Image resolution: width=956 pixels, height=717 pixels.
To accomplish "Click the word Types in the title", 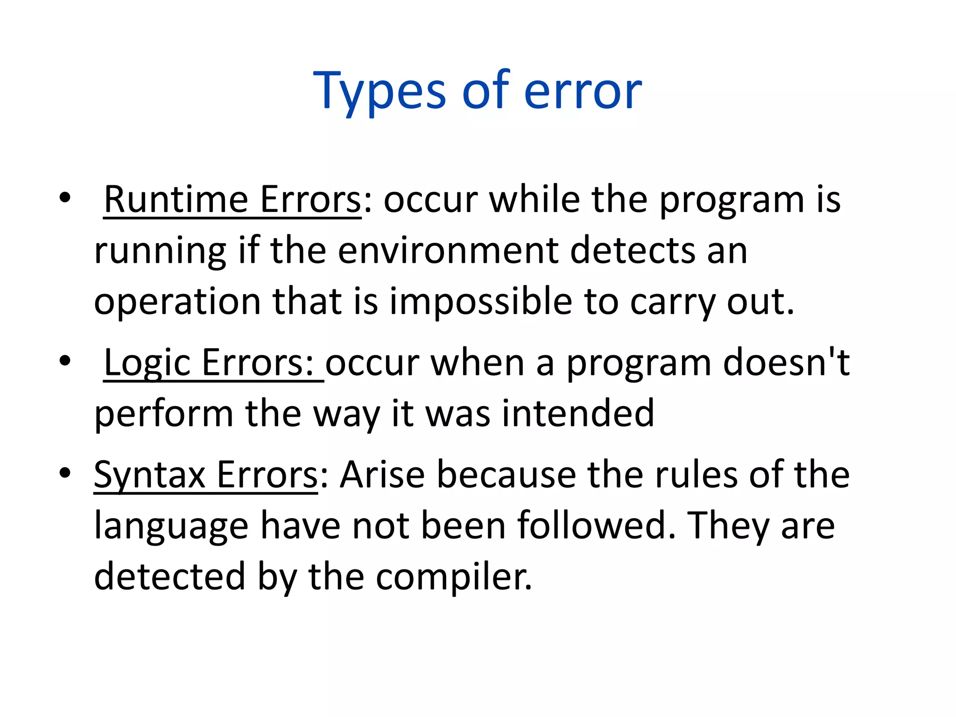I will click(x=379, y=91).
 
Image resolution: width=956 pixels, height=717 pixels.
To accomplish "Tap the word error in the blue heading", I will click(x=583, y=91).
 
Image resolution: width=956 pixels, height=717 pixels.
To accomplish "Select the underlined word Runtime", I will click(x=176, y=200).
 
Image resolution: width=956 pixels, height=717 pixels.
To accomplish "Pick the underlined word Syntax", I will click(x=149, y=475).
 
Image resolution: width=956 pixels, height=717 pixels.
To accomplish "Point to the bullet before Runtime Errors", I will click(x=65, y=197).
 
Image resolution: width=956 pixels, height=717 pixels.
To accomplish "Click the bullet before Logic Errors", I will click(x=65, y=361).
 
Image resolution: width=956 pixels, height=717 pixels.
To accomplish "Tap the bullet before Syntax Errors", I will click(x=65, y=473).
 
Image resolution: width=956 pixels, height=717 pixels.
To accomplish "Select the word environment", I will click(x=448, y=251).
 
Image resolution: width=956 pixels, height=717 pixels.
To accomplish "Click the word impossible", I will click(x=480, y=302).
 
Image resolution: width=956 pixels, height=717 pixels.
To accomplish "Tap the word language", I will click(x=171, y=527).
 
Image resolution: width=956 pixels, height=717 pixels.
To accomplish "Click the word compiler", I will click(x=454, y=577).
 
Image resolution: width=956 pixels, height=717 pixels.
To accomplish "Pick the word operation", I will click(x=177, y=302).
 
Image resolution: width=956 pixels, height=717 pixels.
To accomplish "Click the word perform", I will click(x=163, y=415).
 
